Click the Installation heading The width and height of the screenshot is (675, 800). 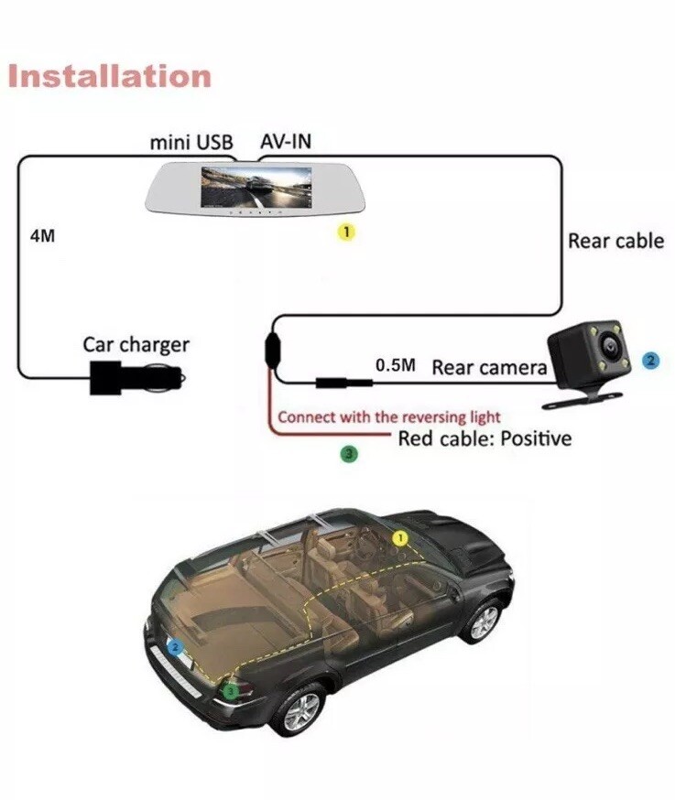point(109,75)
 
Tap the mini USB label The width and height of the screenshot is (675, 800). point(191,143)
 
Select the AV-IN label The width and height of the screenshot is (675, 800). point(286,142)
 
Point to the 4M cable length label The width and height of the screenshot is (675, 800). point(42,235)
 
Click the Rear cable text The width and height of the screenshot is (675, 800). point(615,241)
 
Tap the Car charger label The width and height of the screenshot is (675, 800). point(136,345)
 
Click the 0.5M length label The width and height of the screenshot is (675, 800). point(395,365)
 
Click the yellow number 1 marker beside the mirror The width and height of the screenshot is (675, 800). point(346,232)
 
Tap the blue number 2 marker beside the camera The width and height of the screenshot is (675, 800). point(650,361)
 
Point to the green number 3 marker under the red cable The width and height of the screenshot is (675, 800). point(348,453)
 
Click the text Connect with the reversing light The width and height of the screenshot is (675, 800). point(389,417)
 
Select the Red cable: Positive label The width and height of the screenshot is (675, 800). point(484,438)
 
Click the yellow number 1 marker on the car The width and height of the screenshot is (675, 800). point(399,538)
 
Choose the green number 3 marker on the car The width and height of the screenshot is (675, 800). point(231,691)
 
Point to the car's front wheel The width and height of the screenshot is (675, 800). point(483,621)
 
